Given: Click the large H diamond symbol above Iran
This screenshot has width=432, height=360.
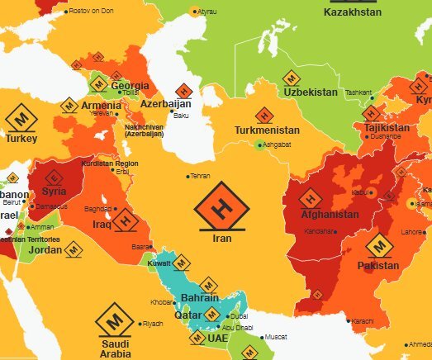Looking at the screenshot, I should (219, 211).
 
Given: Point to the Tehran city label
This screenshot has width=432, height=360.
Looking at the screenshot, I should (201, 176).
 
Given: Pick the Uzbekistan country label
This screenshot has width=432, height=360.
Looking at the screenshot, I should (311, 92).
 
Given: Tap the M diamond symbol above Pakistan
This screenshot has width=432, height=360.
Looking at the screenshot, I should (379, 245).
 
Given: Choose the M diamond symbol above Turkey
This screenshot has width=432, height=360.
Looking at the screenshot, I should (21, 117).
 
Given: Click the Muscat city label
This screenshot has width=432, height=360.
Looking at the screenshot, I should (275, 337).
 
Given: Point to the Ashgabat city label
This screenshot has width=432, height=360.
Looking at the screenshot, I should (277, 144).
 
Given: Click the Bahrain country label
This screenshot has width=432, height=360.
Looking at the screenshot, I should (199, 297).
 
